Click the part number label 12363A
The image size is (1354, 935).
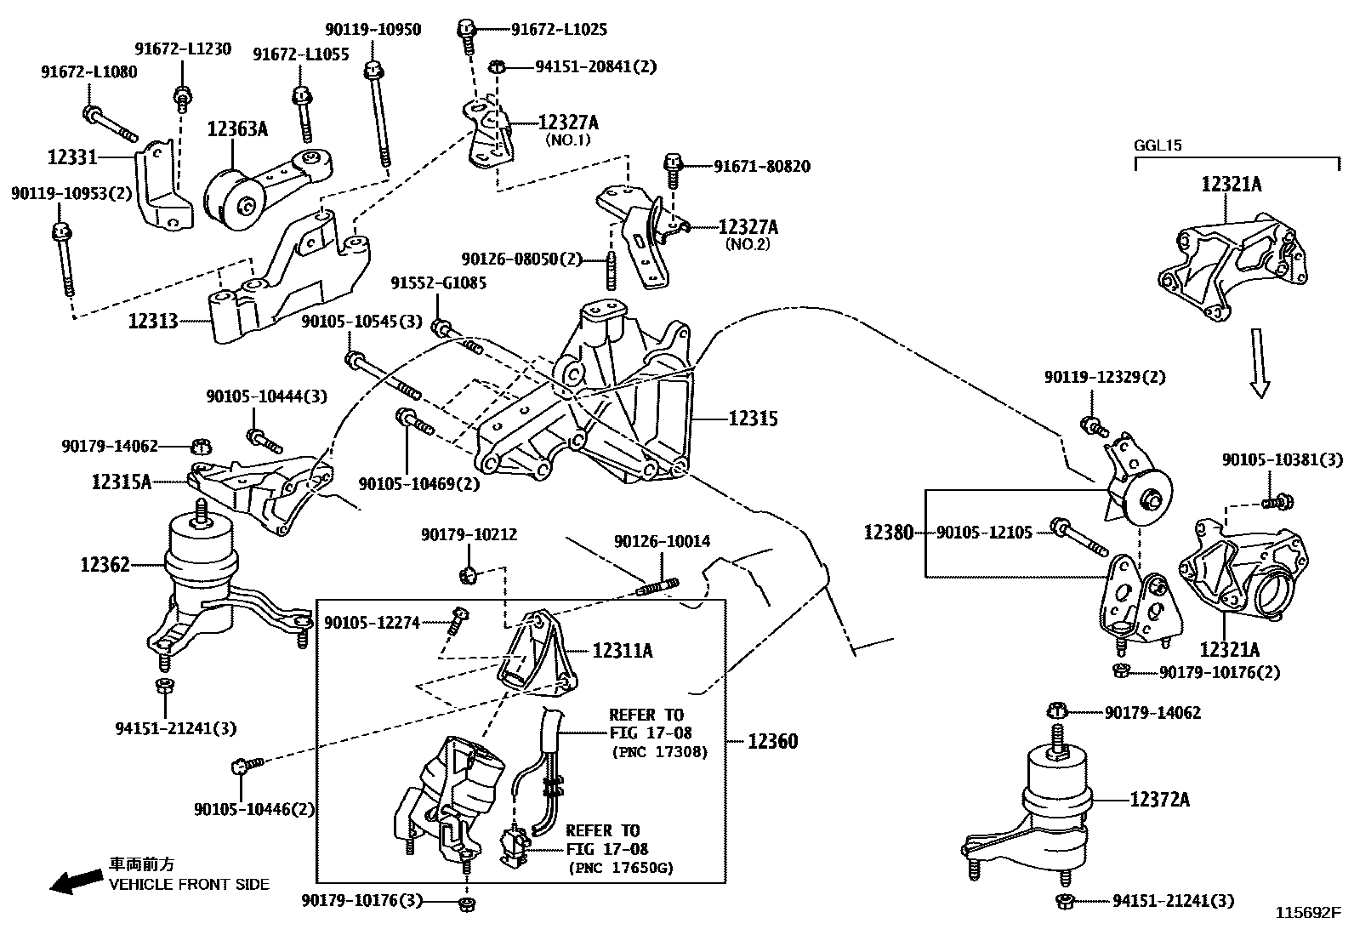(237, 129)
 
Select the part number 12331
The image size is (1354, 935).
(72, 157)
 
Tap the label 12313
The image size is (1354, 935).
(153, 321)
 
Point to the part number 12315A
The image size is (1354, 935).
(122, 482)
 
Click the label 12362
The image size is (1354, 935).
(105, 564)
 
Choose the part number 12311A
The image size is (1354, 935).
(623, 651)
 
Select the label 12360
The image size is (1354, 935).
(773, 741)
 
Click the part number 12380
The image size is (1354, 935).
(889, 533)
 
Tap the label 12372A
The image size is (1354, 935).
(1160, 800)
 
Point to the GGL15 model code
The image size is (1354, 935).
(1158, 145)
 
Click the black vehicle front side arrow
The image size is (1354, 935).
(74, 882)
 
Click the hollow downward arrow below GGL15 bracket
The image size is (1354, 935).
(1260, 363)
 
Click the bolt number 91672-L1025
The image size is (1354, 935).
(559, 30)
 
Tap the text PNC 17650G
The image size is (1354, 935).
(620, 868)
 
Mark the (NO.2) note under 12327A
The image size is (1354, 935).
(748, 244)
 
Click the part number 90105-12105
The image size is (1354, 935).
(984, 533)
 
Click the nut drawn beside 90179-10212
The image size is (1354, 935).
(467, 576)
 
